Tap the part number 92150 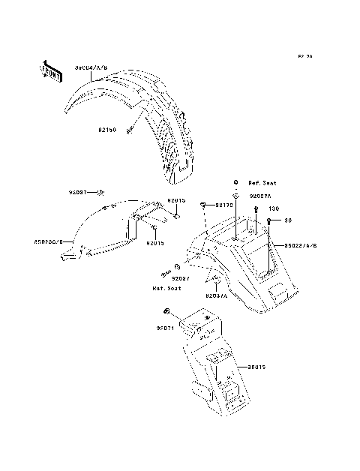(x=105, y=130)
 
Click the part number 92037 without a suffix (x=79, y=192)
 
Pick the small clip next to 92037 (x=100, y=192)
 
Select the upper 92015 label (x=176, y=200)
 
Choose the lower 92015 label (x=155, y=244)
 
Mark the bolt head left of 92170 (x=202, y=204)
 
